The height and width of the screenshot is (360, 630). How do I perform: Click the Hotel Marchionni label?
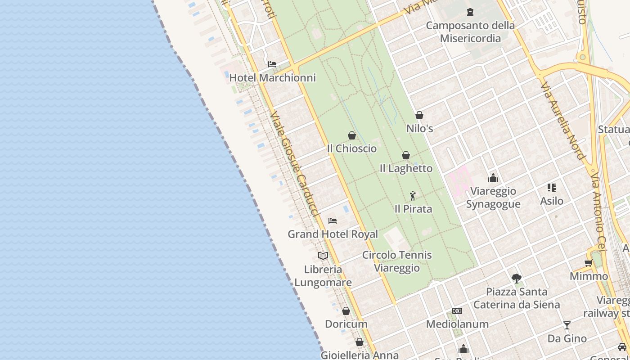tap(272, 78)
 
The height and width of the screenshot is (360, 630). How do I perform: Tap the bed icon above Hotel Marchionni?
tap(272, 64)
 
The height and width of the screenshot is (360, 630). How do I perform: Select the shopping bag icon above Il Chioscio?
tap(352, 135)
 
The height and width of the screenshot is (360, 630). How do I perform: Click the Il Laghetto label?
tap(406, 168)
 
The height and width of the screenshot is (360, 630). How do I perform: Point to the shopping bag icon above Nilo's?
tap(419, 115)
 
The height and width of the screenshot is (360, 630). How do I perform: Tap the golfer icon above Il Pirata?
tap(413, 196)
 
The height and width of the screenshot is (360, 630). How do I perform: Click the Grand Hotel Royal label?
tap(333, 234)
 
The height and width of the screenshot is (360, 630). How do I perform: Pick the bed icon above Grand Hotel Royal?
tap(333, 220)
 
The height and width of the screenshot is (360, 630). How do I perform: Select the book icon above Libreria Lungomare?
tap(323, 256)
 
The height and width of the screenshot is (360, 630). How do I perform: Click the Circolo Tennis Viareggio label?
tap(397, 261)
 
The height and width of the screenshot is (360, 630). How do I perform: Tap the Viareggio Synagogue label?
tap(493, 198)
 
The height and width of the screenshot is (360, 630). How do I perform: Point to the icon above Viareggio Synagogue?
tap(493, 178)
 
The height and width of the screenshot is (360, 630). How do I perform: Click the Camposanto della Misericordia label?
tap(470, 32)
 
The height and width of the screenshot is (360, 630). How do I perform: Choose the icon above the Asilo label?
tap(552, 187)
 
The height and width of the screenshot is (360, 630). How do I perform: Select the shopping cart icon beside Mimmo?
tap(588, 263)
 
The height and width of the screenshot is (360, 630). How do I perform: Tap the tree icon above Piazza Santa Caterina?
tap(517, 278)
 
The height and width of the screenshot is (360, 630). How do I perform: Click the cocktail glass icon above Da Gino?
tap(567, 325)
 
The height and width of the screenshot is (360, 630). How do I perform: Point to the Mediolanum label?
tap(457, 324)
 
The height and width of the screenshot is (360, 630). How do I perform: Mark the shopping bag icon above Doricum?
tap(346, 311)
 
